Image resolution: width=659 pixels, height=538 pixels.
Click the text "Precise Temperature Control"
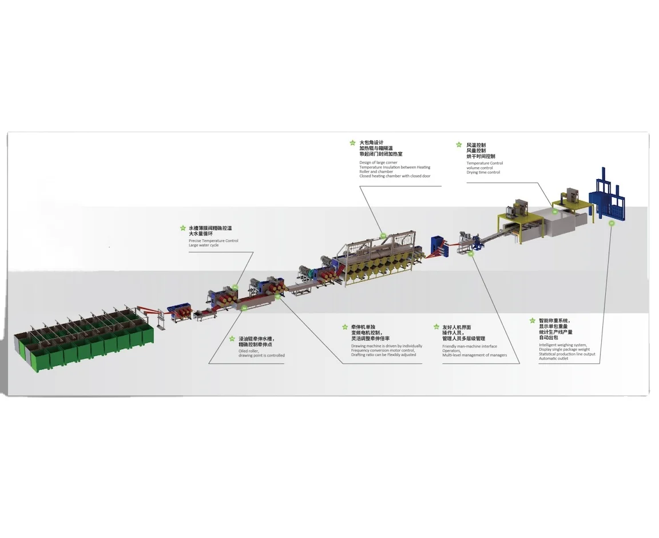tap(213, 241)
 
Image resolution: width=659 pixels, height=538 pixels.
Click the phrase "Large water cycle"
tap(204, 246)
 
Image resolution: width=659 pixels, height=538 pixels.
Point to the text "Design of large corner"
tap(378, 163)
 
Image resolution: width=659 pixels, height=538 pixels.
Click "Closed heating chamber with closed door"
tap(395, 176)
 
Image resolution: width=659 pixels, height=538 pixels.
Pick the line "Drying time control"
tap(483, 172)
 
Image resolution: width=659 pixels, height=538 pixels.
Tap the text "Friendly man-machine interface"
tap(470, 346)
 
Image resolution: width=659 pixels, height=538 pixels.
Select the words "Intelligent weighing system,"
tap(562, 345)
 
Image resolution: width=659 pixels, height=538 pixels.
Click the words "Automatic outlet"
tap(554, 359)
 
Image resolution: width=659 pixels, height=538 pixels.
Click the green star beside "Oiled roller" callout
tap(232, 339)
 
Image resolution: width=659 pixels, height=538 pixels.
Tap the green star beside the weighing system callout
tap(533, 321)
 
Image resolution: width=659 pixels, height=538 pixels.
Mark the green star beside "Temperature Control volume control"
tap(459, 145)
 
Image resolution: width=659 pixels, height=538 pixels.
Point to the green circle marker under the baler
tap(612, 224)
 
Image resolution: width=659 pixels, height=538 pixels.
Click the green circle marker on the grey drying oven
tap(554, 211)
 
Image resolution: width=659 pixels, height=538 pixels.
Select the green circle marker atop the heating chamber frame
tap(383, 235)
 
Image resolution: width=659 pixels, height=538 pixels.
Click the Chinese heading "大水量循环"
tap(201, 234)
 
